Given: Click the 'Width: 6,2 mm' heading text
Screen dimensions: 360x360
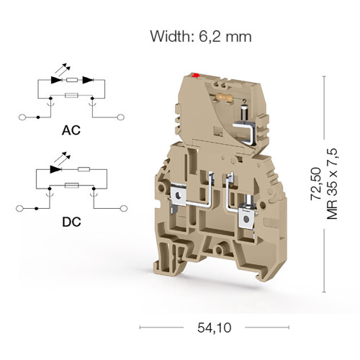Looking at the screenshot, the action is coord(201,37).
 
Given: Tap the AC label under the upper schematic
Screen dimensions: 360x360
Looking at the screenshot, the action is coord(71,130).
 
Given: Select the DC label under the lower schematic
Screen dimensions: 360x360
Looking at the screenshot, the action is coord(71,222).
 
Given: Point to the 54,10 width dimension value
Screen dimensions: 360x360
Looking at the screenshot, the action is coord(215,328).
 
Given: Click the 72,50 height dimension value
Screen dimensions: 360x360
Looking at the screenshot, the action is coord(316,184).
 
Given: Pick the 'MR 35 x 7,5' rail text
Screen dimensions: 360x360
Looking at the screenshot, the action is coord(333,184).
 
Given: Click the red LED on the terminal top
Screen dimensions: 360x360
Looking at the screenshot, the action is coord(196,76).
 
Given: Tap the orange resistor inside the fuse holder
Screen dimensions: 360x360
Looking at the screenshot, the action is coord(225,97).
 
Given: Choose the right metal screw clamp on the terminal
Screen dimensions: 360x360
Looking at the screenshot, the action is coord(246,217).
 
